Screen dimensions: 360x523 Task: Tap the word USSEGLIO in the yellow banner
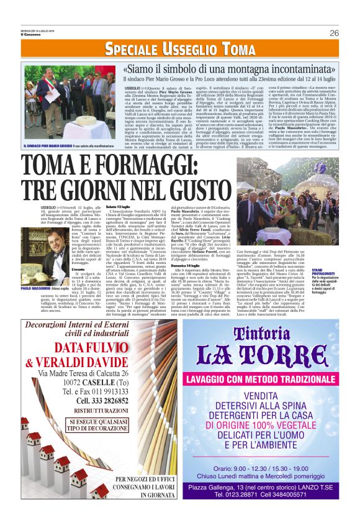coord(178,49)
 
